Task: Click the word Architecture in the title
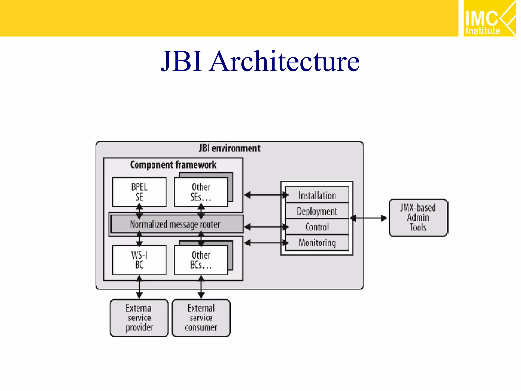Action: [x=284, y=61]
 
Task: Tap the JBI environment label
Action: [x=229, y=148]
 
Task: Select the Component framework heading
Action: [x=173, y=165]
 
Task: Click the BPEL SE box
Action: [x=139, y=192]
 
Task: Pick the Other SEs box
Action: [x=201, y=192]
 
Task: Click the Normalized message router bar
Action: [x=176, y=224]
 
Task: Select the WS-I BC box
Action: [x=139, y=260]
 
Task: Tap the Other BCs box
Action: [x=201, y=260]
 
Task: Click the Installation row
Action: [x=317, y=195]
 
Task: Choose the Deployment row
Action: [x=317, y=211]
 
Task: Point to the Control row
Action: [x=317, y=227]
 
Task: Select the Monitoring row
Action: [x=317, y=243]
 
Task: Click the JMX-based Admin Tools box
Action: [x=418, y=218]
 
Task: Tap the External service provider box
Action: [x=139, y=318]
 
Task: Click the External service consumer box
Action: [x=201, y=318]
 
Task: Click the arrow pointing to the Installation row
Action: [x=266, y=195]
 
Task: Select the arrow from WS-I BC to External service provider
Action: [x=139, y=287]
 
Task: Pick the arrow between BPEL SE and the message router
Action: [x=139, y=211]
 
